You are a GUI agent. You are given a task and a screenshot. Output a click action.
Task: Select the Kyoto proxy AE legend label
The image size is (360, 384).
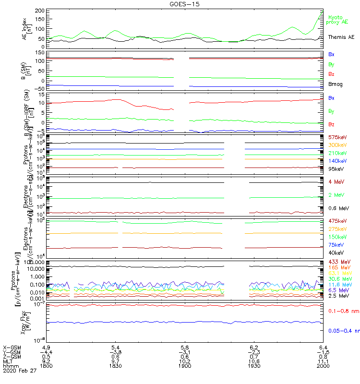click(x=338, y=20)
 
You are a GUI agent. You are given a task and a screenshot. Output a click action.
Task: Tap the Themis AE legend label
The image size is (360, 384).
click(x=341, y=37)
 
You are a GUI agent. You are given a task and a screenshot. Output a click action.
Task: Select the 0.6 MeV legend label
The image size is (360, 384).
click(x=339, y=208)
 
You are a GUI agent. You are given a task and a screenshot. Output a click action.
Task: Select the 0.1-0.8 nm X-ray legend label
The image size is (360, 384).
click(x=341, y=312)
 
